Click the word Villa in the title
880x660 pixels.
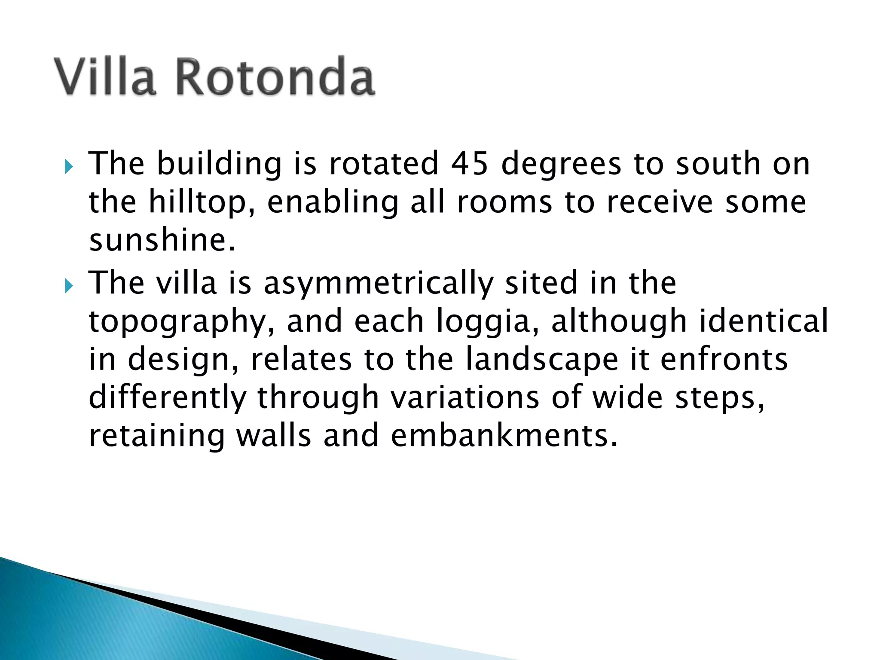coord(104,76)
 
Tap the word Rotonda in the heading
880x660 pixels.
coord(275,76)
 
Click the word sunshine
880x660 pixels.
coord(162,240)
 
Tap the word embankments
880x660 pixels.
coord(504,436)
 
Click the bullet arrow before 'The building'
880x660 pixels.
coord(69,167)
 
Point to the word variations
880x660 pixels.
coord(465,397)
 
